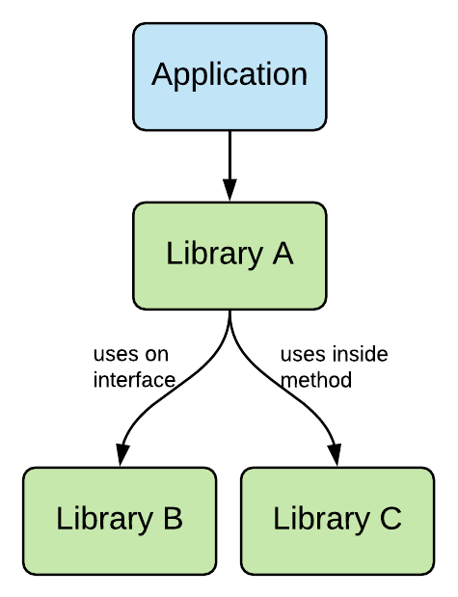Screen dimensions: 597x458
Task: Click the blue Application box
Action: coord(229,76)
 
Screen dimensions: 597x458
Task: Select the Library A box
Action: coord(229,256)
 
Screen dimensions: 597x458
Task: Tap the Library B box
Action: coord(119,520)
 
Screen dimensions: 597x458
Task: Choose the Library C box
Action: coord(337,520)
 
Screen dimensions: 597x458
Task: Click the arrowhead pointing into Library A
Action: coord(229,191)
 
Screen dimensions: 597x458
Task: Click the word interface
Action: coord(134,380)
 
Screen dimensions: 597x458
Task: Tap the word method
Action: coord(315,380)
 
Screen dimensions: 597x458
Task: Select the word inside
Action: coord(358,355)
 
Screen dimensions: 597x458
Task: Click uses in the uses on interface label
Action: coord(114,355)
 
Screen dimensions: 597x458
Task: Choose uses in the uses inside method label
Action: coord(301,355)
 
